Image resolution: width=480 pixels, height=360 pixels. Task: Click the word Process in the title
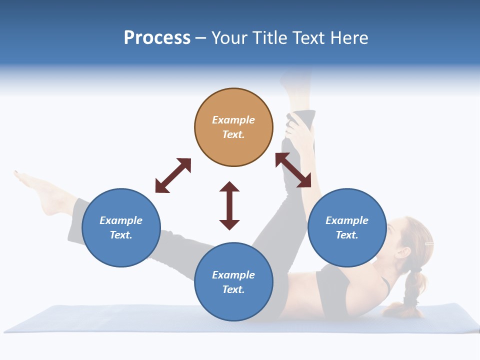pyautogui.click(x=157, y=38)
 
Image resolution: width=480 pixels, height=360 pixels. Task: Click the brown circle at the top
pyautogui.click(x=233, y=127)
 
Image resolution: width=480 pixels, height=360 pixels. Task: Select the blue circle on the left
pyautogui.click(x=121, y=228)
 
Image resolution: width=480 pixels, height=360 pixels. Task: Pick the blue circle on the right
pyautogui.click(x=347, y=228)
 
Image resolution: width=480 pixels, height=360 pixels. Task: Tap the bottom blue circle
pyautogui.click(x=233, y=282)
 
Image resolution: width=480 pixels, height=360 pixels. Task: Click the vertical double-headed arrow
pyautogui.click(x=229, y=205)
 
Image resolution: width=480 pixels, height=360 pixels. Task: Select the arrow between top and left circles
pyautogui.click(x=173, y=175)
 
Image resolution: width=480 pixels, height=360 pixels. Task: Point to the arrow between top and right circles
pyautogui.click(x=293, y=170)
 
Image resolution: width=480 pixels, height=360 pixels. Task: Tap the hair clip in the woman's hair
pyautogui.click(x=428, y=243)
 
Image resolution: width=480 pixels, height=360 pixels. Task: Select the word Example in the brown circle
pyautogui.click(x=233, y=120)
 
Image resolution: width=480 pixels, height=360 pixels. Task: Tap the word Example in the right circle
pyautogui.click(x=347, y=220)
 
